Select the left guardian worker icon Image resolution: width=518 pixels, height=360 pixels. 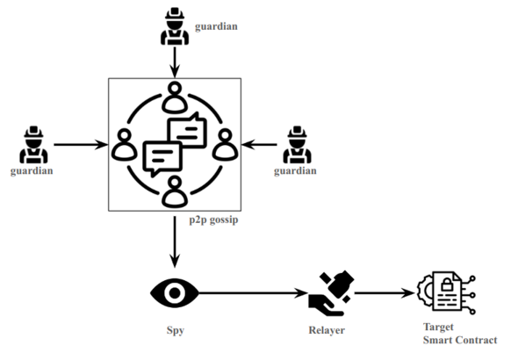33,144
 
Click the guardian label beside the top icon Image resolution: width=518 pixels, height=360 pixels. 217,26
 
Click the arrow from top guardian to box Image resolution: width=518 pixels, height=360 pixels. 176,61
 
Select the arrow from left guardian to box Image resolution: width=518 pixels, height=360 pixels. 79,144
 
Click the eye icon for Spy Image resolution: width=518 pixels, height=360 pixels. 174,292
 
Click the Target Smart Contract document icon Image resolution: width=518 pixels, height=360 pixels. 447,292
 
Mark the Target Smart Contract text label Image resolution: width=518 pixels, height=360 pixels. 459,335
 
